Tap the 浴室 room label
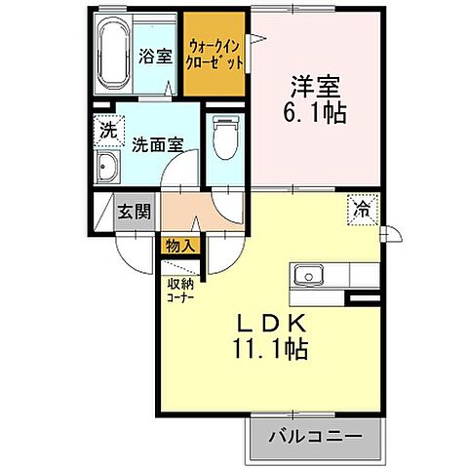click(x=154, y=56)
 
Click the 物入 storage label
click(x=179, y=244)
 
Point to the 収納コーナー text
click(x=180, y=292)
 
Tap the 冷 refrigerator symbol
click(x=362, y=207)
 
